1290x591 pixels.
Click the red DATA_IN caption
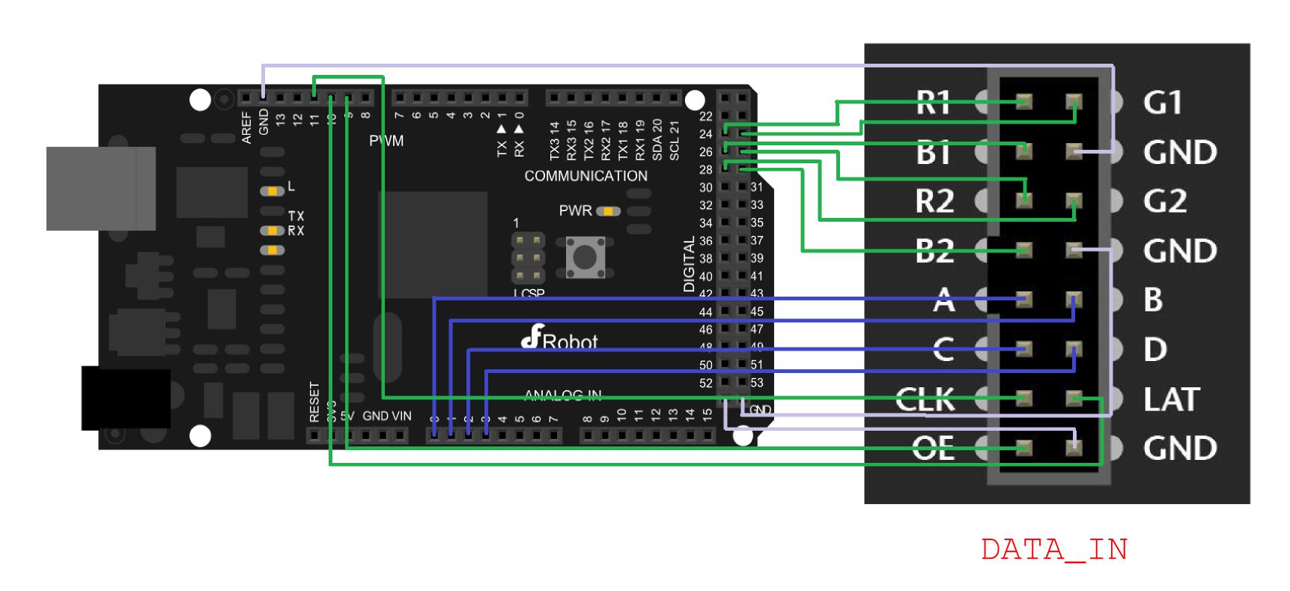(1053, 550)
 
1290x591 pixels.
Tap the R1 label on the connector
(933, 103)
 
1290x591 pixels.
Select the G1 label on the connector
(1162, 103)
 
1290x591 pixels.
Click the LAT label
(1171, 399)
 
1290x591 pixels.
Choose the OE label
(933, 448)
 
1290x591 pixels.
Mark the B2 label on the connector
(934, 251)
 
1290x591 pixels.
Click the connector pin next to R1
(1023, 102)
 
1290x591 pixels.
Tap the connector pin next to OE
(1023, 448)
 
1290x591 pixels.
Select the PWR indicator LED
(609, 211)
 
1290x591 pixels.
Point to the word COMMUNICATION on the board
(585, 176)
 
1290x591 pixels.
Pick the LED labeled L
(272, 191)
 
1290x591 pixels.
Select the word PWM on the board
(386, 141)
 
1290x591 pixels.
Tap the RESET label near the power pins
(314, 402)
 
